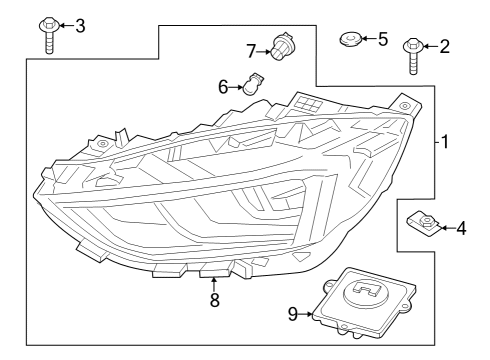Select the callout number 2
pyautogui.click(x=444, y=45)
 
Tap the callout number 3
pyautogui.click(x=80, y=25)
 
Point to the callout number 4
pyautogui.click(x=461, y=229)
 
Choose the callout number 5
pyautogui.click(x=382, y=39)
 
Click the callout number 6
pyautogui.click(x=223, y=87)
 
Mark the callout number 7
pyautogui.click(x=252, y=49)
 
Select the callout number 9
pyautogui.click(x=293, y=315)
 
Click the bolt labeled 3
pyautogui.click(x=47, y=31)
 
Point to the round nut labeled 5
pyautogui.click(x=350, y=40)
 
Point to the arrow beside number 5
pyautogui.click(x=367, y=39)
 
